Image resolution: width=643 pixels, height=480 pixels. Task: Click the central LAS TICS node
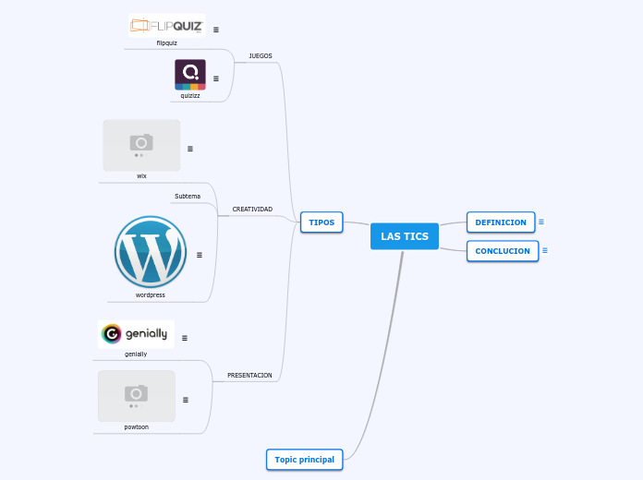pos(405,236)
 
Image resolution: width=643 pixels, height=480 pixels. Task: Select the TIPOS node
pos(321,222)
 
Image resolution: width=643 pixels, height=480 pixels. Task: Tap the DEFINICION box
pos(501,222)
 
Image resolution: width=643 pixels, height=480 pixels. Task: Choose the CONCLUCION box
pos(503,251)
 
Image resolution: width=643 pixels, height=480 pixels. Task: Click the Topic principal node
pos(304,459)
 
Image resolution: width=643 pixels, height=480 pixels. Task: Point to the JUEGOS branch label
pos(261,55)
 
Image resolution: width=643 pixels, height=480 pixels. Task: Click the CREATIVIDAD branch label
pos(252,209)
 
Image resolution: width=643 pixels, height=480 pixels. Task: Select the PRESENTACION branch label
pos(249,375)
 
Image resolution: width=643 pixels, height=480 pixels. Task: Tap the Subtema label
pos(188,196)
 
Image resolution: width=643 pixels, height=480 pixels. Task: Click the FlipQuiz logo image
pos(166,25)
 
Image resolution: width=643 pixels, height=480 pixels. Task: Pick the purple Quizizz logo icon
pos(190,74)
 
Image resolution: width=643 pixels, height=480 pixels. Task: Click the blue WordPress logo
pos(151,252)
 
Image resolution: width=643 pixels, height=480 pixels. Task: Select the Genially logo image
pos(136,334)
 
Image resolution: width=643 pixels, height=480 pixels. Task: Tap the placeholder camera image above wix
pos(141,145)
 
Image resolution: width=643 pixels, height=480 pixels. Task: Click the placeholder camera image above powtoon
pos(137,396)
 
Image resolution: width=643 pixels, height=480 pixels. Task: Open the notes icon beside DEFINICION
pos(541,222)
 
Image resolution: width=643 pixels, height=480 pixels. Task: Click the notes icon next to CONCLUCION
pos(545,250)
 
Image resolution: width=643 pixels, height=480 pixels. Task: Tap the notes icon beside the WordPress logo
pos(200,254)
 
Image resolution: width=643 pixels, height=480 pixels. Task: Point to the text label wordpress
pos(151,295)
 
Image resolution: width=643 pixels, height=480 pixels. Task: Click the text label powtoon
pos(137,427)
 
